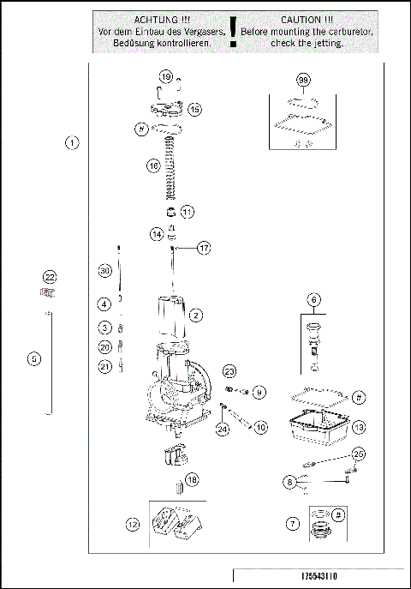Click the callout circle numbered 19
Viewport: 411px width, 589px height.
[x=166, y=77]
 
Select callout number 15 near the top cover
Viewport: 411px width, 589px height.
[x=194, y=109]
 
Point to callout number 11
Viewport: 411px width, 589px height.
[x=187, y=211]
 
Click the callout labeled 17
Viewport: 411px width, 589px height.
[x=203, y=248]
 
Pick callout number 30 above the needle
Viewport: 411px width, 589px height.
[x=104, y=271]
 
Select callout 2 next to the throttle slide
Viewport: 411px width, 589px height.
[x=196, y=316]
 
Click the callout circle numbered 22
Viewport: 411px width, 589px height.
[x=50, y=277]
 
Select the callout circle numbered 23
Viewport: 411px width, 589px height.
[x=229, y=370]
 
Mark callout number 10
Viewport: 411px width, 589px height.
[x=260, y=425]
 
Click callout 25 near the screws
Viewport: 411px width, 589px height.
[x=358, y=454]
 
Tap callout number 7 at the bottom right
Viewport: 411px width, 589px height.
[x=294, y=521]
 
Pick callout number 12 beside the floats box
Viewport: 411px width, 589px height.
[x=131, y=523]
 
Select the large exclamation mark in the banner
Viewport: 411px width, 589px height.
[x=233, y=32]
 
